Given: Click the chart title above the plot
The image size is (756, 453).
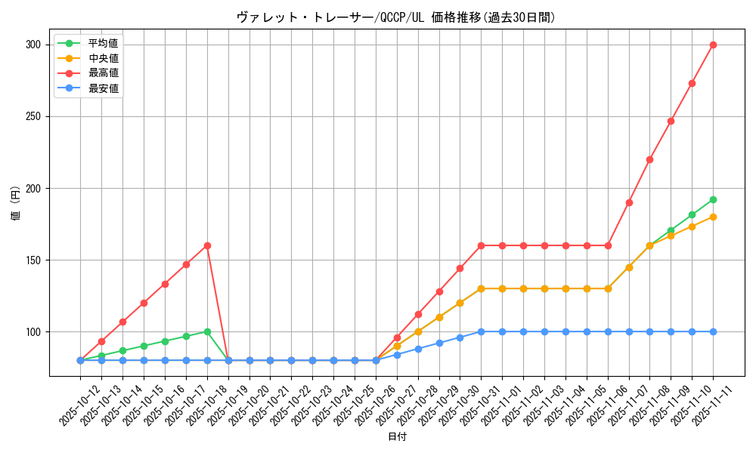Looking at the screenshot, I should point(396,17).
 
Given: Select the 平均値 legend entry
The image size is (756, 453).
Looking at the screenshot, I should point(103,43).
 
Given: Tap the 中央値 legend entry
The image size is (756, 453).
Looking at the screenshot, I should point(103,58).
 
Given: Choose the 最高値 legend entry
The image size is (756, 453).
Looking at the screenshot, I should point(103,73).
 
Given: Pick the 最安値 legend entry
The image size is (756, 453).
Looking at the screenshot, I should point(103,88).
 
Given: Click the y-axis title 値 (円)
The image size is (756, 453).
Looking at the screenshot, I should point(16,204).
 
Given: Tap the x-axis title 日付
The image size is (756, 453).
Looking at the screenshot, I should point(396,437).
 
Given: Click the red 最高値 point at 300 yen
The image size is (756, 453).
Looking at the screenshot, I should point(713,45).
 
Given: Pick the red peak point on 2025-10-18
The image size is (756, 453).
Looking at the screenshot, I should point(207,245).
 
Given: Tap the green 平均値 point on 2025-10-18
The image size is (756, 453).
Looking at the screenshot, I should point(207,331).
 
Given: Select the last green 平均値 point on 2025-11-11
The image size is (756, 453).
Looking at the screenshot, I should point(713,199).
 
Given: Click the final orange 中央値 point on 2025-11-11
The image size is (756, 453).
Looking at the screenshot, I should point(713,217).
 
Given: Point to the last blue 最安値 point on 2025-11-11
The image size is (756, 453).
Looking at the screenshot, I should point(713,331).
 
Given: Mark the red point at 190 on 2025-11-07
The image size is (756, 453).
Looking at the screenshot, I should point(629,202).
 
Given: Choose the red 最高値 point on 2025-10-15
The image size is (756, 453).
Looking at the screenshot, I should point(144,303).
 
